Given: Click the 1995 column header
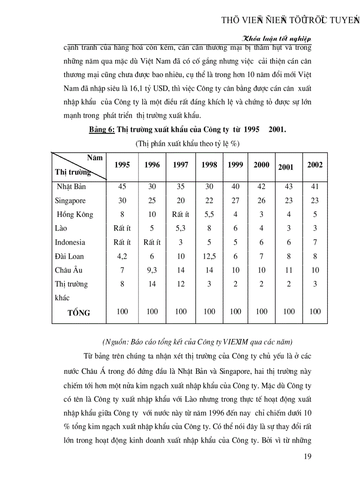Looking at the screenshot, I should pyautogui.click(x=122, y=165).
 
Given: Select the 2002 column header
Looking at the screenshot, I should pyautogui.click(x=315, y=165).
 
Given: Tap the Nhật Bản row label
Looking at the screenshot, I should pyautogui.click(x=71, y=186).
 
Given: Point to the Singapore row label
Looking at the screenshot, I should pyautogui.click(x=70, y=201).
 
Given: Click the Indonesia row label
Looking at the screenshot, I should pyautogui.click(x=70, y=242).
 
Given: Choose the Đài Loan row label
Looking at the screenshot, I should pyautogui.click(x=69, y=256).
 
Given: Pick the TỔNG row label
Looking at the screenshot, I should pyautogui.click(x=79, y=313).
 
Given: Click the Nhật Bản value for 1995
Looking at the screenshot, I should pyautogui.click(x=122, y=186).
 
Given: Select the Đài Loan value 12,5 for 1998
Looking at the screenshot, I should pyautogui.click(x=209, y=256).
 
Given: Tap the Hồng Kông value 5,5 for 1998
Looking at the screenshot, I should pyautogui.click(x=209, y=215).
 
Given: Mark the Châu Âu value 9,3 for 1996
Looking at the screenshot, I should pyautogui.click(x=152, y=270).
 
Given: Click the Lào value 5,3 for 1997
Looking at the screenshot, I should pyautogui.click(x=181, y=228).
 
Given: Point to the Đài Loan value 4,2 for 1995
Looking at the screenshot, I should pyautogui.click(x=122, y=256).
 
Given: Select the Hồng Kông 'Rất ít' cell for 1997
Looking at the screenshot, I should pyautogui.click(x=181, y=215).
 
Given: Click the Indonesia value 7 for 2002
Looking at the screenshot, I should pyautogui.click(x=315, y=242).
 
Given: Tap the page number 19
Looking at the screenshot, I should pyautogui.click(x=308, y=456).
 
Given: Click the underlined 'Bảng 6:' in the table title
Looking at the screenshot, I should pyautogui.click(x=102, y=130).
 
